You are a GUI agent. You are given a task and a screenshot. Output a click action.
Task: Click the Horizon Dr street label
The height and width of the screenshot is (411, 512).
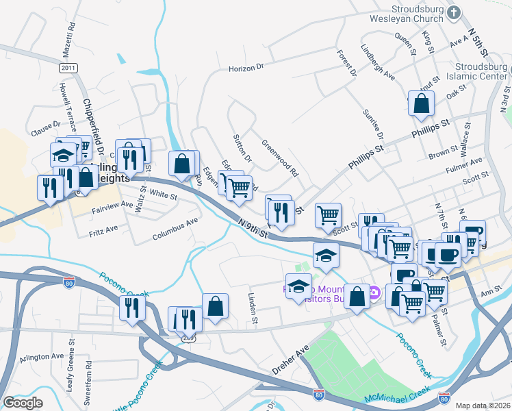point(246,68)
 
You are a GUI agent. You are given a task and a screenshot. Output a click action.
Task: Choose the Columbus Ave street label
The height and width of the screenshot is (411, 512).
point(175,221)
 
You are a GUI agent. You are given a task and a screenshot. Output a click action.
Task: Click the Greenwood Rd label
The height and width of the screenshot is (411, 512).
point(281,158)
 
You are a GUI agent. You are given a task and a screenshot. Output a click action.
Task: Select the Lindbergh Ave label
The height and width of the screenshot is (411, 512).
point(378,63)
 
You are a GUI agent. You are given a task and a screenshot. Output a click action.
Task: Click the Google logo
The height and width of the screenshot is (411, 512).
point(23,403)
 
